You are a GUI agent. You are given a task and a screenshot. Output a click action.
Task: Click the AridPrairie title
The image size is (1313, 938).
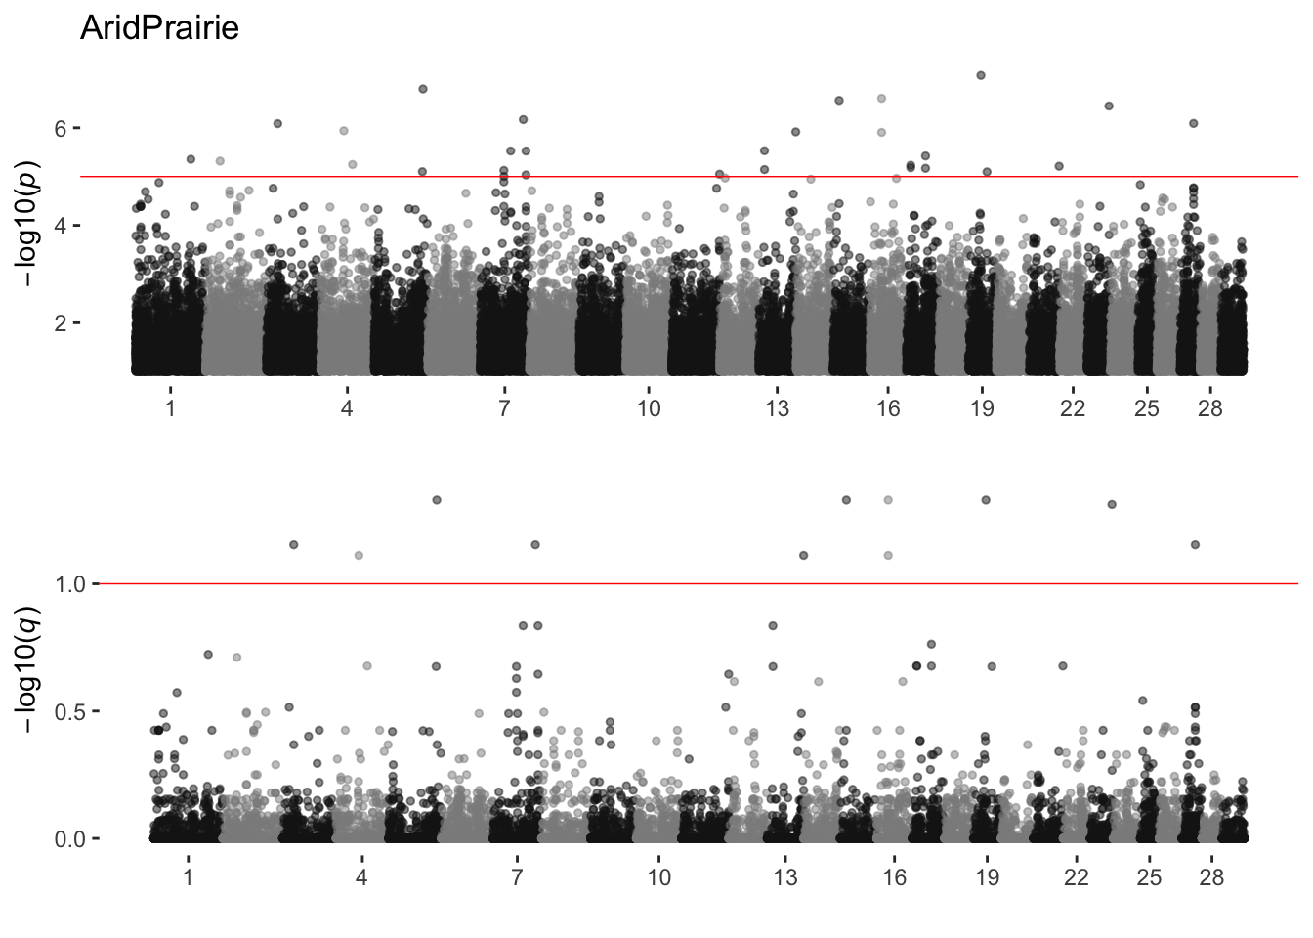[159, 29]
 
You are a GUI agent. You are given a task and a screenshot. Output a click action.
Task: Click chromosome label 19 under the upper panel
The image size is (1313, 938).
[982, 408]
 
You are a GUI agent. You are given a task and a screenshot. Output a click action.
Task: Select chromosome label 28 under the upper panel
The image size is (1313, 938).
[1209, 408]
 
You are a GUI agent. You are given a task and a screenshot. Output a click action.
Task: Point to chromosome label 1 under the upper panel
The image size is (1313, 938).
[171, 408]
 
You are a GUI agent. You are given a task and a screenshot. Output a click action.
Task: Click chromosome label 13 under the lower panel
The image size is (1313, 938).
[784, 877]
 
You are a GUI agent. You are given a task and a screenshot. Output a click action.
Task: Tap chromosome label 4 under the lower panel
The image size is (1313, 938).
[361, 877]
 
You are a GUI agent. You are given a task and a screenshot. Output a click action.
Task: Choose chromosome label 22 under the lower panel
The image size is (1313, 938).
[1076, 877]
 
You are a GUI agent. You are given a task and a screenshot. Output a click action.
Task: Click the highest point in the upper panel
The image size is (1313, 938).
[981, 75]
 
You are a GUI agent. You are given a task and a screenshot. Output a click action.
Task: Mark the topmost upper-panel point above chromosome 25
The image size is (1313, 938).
[1139, 185]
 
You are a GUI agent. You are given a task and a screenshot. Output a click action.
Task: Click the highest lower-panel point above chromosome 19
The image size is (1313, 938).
[986, 500]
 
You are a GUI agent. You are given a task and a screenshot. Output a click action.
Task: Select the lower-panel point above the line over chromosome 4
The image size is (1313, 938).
[359, 555]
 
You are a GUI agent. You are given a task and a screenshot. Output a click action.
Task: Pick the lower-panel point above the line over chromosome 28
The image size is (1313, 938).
[1195, 544]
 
